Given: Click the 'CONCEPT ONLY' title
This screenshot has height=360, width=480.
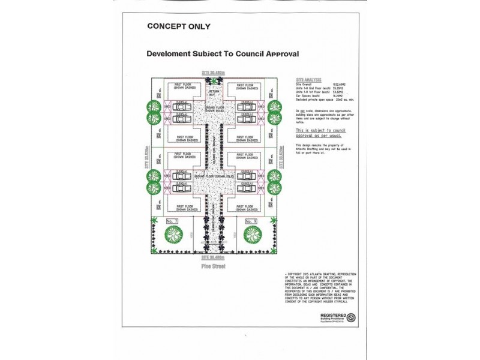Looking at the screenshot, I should coord(179,26).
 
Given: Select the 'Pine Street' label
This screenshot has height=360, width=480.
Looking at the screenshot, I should coord(213,265).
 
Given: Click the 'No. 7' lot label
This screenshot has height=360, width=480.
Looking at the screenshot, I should coord(172,221).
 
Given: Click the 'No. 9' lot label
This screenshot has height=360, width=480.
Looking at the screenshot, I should coord(251,221).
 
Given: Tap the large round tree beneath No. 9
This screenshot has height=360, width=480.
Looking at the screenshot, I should coord(253,235).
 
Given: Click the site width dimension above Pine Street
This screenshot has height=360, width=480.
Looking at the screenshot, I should coord(213,257).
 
